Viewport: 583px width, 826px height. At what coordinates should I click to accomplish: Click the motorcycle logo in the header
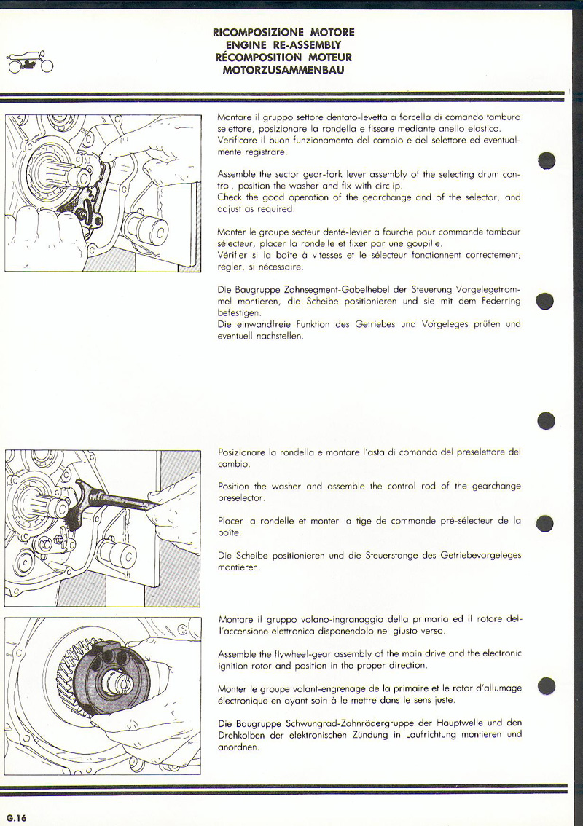point(28,63)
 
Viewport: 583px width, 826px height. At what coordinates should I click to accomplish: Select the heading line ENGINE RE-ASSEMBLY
point(283,45)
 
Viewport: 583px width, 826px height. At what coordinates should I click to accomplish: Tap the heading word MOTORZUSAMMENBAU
point(283,70)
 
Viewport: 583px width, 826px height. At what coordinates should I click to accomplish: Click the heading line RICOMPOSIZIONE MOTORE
point(283,33)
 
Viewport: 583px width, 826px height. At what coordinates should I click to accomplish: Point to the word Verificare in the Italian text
point(238,140)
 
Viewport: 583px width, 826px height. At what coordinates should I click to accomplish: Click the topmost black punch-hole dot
point(547,160)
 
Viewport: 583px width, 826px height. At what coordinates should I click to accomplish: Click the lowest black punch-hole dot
point(547,685)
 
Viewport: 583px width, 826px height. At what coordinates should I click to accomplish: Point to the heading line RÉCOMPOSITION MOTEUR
point(283,58)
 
